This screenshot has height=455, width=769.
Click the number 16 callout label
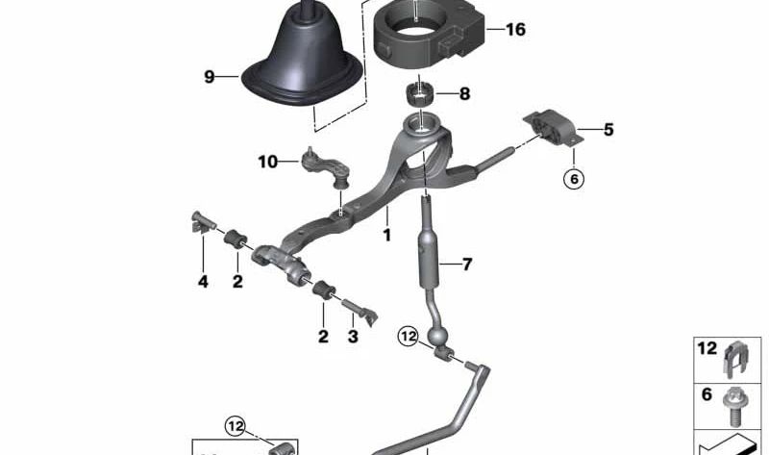click(515, 30)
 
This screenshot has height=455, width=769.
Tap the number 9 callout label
click(210, 77)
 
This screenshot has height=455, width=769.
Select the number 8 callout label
click(464, 93)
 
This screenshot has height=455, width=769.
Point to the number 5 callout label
click(608, 130)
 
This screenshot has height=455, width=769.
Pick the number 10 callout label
click(268, 162)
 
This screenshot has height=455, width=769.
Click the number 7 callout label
click(466, 265)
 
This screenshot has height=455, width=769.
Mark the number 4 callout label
click(203, 282)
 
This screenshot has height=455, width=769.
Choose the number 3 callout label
click(353, 337)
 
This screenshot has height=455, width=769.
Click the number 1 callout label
click(387, 235)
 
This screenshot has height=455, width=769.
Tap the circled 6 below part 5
click(574, 179)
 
